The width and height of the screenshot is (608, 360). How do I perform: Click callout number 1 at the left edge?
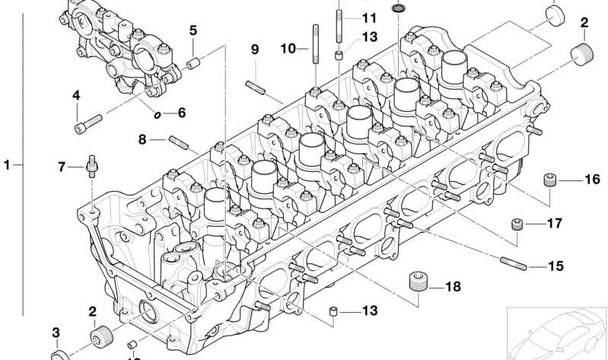[7, 164]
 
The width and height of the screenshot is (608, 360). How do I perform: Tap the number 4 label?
[76, 95]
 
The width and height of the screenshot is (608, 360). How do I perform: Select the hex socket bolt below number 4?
[89, 119]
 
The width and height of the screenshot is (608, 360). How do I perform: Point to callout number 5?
[193, 31]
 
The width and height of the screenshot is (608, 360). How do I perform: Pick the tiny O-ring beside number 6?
[158, 115]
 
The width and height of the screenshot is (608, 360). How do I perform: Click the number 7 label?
[62, 166]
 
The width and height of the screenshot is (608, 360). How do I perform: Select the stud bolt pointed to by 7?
[91, 164]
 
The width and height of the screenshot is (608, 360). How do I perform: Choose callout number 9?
[255, 49]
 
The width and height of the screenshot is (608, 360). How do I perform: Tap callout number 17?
[554, 224]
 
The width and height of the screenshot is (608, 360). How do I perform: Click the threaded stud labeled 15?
[514, 264]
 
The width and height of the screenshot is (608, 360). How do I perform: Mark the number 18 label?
[453, 287]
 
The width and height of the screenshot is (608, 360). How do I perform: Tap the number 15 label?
[556, 266]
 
